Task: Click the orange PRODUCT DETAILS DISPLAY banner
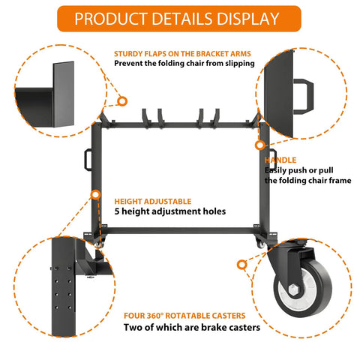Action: (179, 19)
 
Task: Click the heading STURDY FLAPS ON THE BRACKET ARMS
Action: (182, 54)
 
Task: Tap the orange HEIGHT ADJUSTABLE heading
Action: (153, 201)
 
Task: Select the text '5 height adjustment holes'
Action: (170, 211)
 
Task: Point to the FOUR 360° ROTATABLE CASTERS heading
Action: (184, 316)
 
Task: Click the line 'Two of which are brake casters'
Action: (192, 327)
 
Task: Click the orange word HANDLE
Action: (280, 160)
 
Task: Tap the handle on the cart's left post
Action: (88, 160)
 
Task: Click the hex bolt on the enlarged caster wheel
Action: (294, 290)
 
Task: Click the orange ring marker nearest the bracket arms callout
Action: (122, 101)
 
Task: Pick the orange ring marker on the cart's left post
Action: (95, 195)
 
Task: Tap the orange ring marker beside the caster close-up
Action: (241, 265)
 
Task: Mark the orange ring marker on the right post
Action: (260, 145)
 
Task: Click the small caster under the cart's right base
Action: (260, 244)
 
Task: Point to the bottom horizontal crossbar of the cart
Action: (180, 230)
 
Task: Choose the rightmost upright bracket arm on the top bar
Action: (216, 118)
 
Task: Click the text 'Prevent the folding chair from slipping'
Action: (184, 63)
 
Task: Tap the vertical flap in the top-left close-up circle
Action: (64, 94)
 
